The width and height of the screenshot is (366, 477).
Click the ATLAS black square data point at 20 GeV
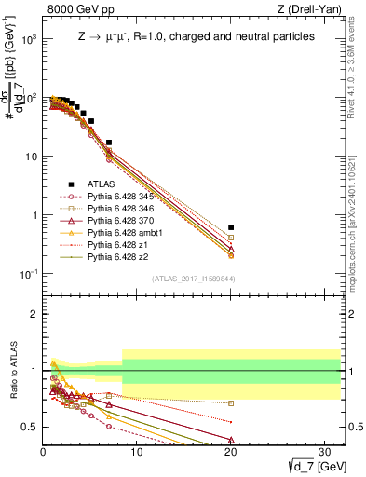click(x=231, y=227)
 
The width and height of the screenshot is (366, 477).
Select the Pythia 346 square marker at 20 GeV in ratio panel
click(x=231, y=403)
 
